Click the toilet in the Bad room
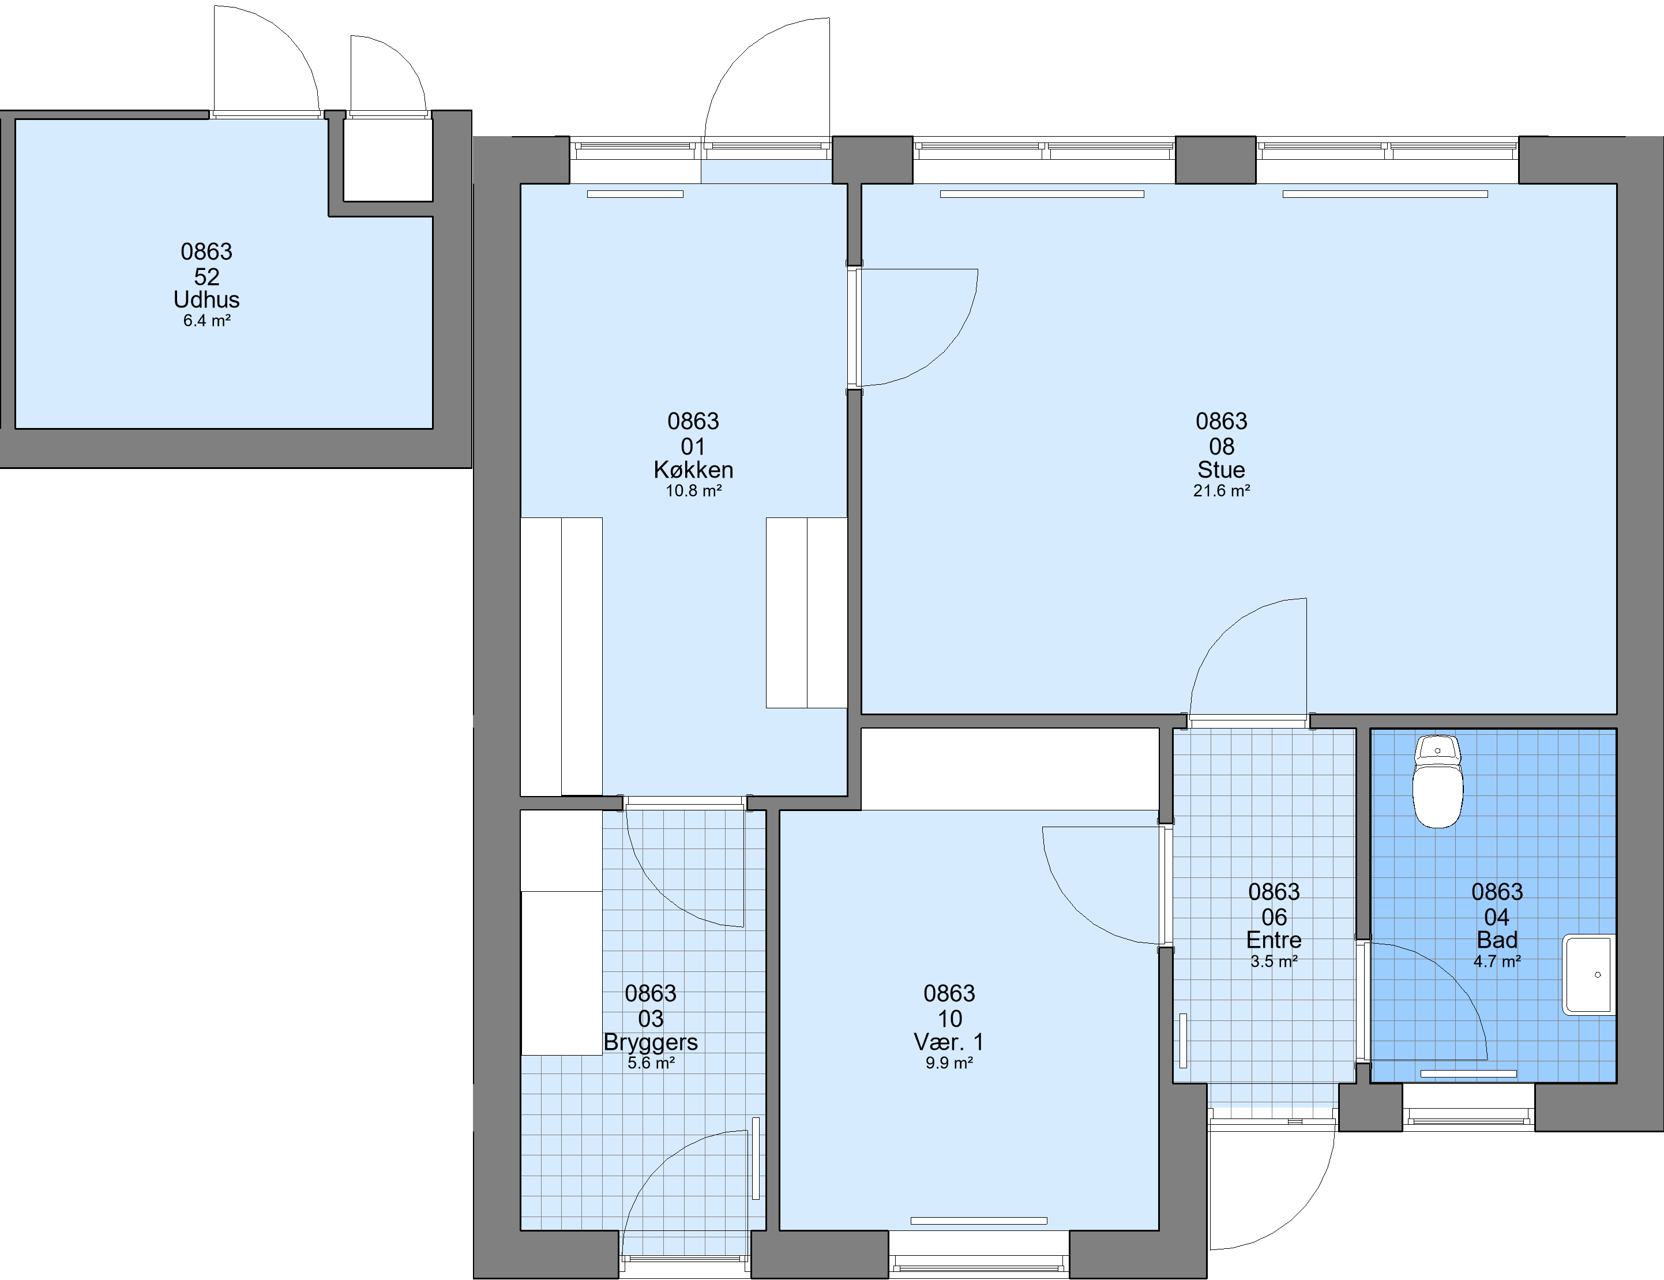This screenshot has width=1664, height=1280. pyautogui.click(x=1438, y=781)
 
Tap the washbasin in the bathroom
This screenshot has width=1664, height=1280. pyautogui.click(x=1588, y=975)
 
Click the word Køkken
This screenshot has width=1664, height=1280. pyautogui.click(x=693, y=470)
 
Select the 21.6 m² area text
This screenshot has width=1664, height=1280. pyautogui.click(x=1222, y=491)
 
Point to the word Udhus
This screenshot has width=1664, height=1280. pyautogui.click(x=206, y=299)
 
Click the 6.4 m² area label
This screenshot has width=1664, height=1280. pyautogui.click(x=206, y=321)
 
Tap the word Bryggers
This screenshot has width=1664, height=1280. pyautogui.click(x=651, y=1042)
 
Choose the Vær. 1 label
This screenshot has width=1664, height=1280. pyautogui.click(x=949, y=1042)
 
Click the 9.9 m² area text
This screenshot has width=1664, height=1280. pyautogui.click(x=949, y=1063)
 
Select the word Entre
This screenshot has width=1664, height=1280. pyautogui.click(x=1274, y=940)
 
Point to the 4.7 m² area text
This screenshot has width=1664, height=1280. pyautogui.click(x=1497, y=962)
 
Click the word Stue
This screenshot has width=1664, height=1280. pyautogui.click(x=1222, y=470)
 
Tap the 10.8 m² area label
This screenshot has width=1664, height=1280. pyautogui.click(x=693, y=491)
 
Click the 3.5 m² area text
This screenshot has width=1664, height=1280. pyautogui.click(x=1274, y=962)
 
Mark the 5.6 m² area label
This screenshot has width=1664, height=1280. pyautogui.click(x=651, y=1063)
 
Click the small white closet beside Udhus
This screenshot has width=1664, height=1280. pyautogui.click(x=388, y=160)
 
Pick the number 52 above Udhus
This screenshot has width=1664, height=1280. pyautogui.click(x=206, y=276)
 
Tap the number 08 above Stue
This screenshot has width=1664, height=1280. pyautogui.click(x=1222, y=446)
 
